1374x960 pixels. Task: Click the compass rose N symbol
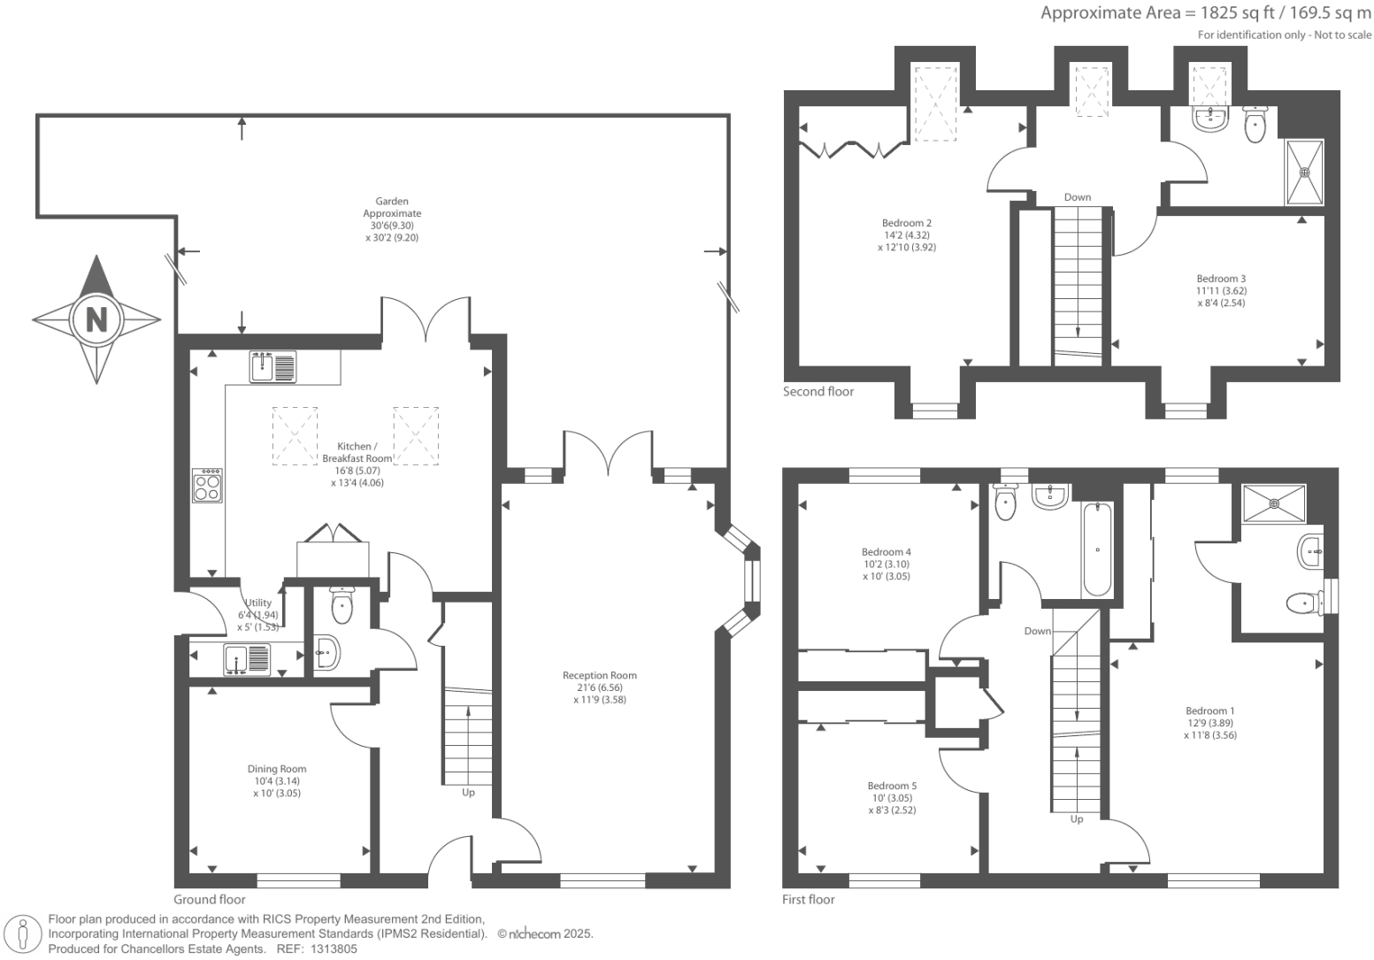tap(96, 319)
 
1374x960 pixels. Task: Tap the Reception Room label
tap(599, 676)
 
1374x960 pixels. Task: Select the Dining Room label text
tap(277, 769)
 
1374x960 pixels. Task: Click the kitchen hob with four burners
tap(207, 486)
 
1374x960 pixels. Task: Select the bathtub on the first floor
tap(1097, 549)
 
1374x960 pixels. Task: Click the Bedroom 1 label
tap(1209, 710)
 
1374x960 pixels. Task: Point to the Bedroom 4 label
tap(886, 552)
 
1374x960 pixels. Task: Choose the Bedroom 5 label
tap(892, 786)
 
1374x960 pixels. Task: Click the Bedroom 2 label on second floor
tap(906, 223)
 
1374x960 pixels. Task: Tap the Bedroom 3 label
tap(1221, 279)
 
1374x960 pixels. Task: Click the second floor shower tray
tap(1304, 173)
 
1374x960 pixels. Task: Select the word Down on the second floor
tap(1077, 197)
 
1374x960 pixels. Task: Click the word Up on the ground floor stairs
tap(468, 793)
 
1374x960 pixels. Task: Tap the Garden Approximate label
tap(392, 207)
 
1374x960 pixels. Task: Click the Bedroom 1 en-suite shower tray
tap(1274, 503)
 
